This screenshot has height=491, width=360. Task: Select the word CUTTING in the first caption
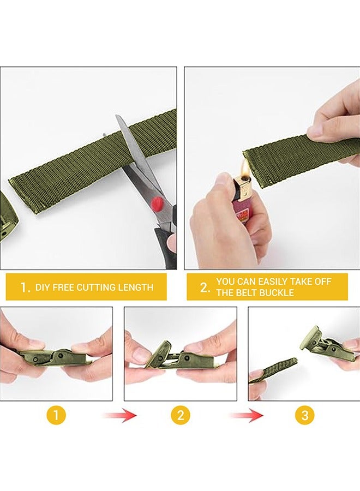[97, 287]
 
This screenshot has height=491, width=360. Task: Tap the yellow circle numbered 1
[56, 415]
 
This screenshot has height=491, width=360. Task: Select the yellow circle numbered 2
[181, 415]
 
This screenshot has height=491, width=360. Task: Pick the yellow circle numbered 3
[304, 415]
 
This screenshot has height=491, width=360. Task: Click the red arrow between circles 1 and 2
[119, 416]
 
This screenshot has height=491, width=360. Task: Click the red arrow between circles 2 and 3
[246, 416]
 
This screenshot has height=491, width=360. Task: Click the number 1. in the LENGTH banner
[25, 288]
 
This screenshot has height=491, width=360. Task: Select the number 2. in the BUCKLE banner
[205, 288]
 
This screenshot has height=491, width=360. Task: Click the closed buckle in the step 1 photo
[53, 357]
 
